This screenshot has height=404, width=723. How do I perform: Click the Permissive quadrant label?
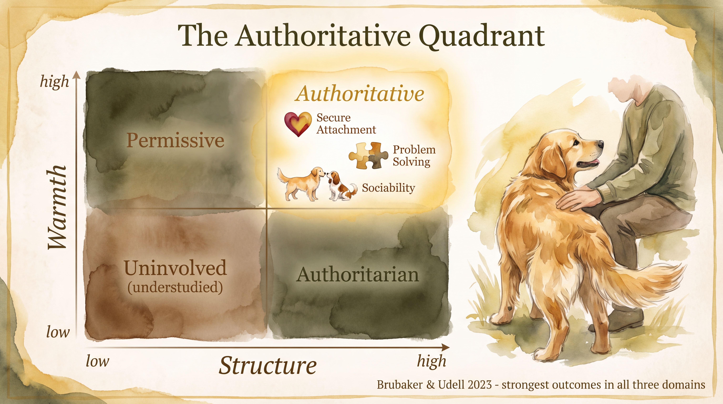[175, 140]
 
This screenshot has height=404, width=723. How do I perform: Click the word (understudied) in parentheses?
[175, 287]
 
